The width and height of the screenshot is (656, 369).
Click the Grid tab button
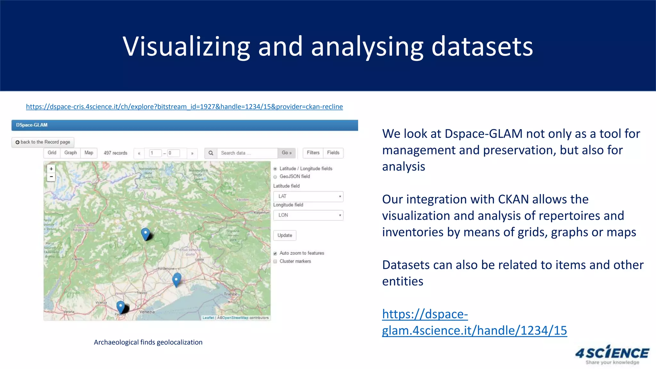coord(52,153)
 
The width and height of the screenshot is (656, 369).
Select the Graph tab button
coord(70,153)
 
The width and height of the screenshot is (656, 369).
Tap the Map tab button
coord(89,153)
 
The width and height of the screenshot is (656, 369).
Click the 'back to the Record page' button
coord(43,142)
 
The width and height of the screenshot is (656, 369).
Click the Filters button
coord(313,153)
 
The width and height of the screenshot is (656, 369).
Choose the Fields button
coord(333,153)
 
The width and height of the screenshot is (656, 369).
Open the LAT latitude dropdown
coord(308,196)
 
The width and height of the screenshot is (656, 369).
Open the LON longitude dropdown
coord(308,215)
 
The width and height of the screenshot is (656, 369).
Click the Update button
coord(285,235)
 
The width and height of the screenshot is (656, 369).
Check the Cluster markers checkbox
coord(275,261)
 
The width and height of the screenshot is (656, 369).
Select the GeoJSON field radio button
coord(275,177)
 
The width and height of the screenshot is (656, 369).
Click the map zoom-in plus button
coord(51,169)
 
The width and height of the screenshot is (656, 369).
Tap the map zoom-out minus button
coord(51,177)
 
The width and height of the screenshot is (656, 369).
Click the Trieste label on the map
coord(231,294)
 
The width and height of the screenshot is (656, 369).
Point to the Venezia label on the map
coord(147,312)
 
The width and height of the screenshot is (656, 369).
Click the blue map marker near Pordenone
coord(176,280)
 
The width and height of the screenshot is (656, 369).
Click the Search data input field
coord(247,153)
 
